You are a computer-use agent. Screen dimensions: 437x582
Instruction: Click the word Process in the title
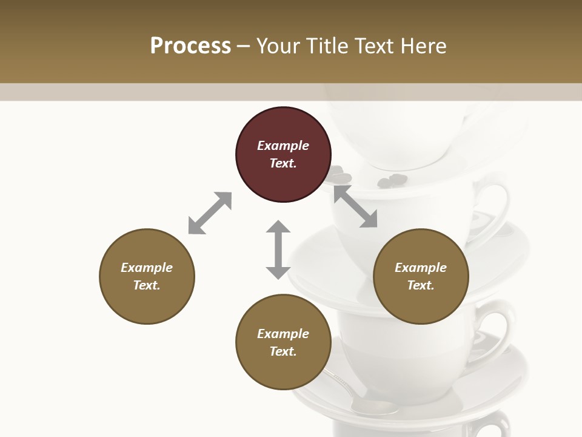pos(190,46)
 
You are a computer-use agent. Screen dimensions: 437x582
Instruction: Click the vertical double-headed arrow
pos(278,249)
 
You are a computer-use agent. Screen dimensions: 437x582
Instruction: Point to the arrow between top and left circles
pos(210,213)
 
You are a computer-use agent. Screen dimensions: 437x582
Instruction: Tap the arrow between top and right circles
pos(356,207)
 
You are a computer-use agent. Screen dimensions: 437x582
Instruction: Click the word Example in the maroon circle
pos(283,146)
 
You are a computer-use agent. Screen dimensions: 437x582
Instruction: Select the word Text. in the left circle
pos(147,285)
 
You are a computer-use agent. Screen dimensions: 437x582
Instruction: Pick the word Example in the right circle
pos(421,268)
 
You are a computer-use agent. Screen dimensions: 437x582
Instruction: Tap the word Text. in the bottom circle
pos(283,351)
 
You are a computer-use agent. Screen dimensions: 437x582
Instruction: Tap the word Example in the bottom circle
pos(283,334)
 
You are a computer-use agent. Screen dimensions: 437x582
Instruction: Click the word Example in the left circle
pos(147,268)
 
